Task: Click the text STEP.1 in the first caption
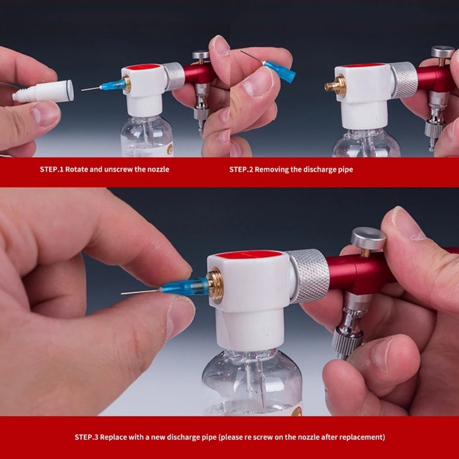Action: pyautogui.click(x=52, y=169)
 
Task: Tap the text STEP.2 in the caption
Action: pyautogui.click(x=241, y=169)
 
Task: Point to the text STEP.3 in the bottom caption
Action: pyautogui.click(x=87, y=437)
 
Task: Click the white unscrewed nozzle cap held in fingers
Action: pyautogui.click(x=43, y=91)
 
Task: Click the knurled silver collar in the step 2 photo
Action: pyautogui.click(x=404, y=80)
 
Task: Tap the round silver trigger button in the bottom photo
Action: pyautogui.click(x=368, y=238)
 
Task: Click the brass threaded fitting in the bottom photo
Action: pyautogui.click(x=215, y=284)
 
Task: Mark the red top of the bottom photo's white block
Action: pyautogui.click(x=249, y=255)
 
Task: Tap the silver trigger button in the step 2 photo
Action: pyautogui.click(x=442, y=52)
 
